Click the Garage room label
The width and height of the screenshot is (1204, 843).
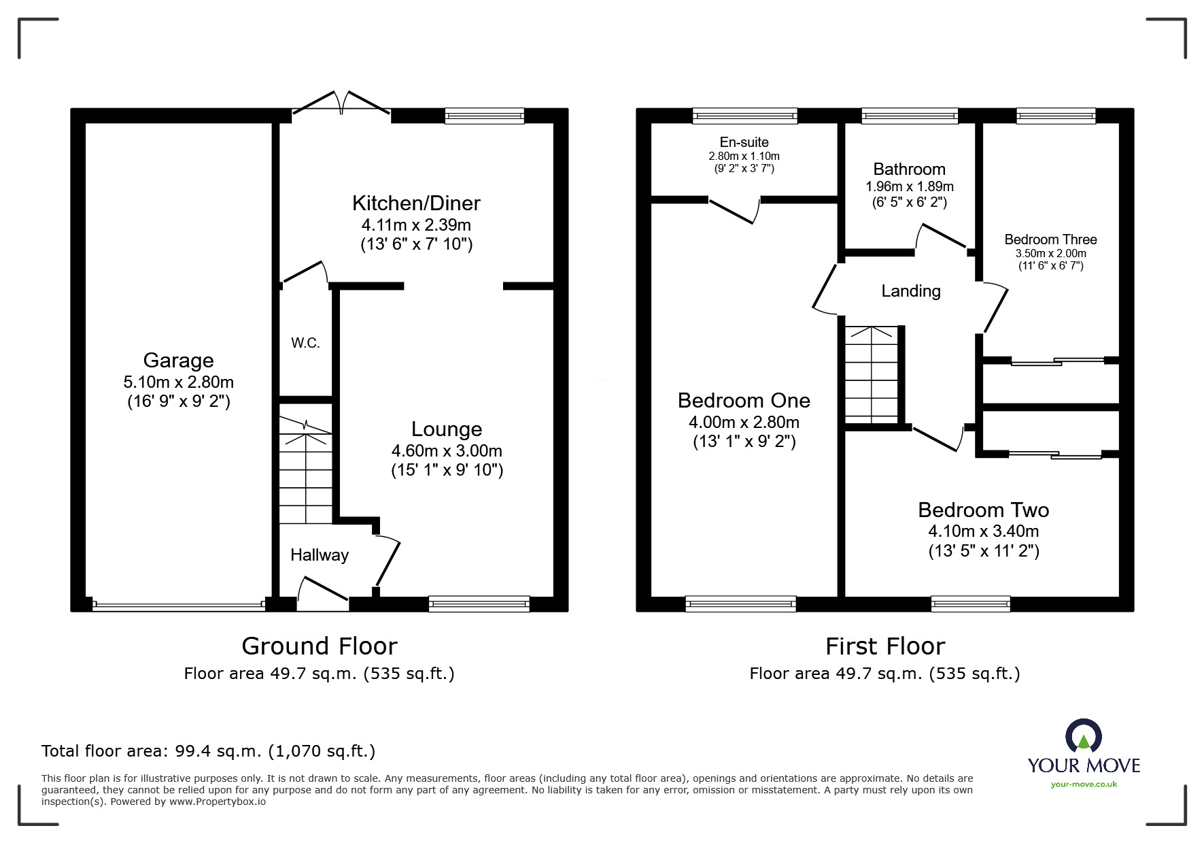(178, 360)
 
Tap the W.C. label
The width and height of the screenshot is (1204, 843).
(305, 343)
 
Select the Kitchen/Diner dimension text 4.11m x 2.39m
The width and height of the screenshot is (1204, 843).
(416, 225)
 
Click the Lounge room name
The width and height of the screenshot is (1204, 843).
(447, 429)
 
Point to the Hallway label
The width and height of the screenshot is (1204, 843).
(320, 555)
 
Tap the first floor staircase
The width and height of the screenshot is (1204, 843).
(872, 374)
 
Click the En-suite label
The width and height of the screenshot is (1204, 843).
(744, 142)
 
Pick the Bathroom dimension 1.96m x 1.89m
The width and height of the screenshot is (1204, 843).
(909, 186)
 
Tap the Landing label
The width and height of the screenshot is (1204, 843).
(911, 291)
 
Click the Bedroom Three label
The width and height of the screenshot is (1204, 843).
(1050, 239)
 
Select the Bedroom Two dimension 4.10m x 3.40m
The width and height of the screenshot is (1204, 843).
(984, 531)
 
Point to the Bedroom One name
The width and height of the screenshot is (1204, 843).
(744, 400)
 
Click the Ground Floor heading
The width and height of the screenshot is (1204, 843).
(320, 646)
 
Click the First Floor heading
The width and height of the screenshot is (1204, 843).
(885, 646)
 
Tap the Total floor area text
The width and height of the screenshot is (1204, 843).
(208, 751)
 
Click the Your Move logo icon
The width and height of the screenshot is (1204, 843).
(1083, 737)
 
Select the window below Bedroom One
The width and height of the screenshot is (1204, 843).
(741, 604)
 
